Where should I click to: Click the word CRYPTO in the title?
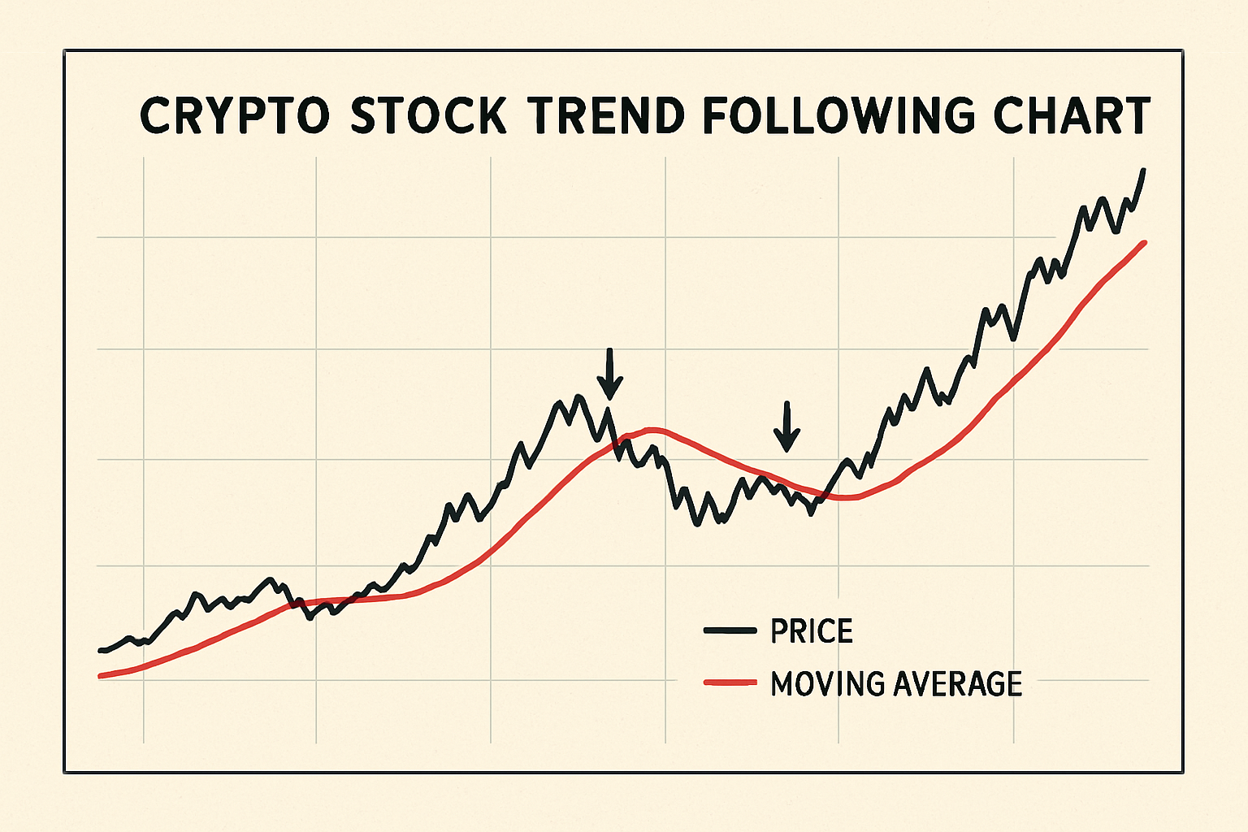coord(235,116)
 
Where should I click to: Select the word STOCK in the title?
coord(428,116)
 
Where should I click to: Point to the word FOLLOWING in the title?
coord(838,116)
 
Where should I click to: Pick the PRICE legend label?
coord(812,631)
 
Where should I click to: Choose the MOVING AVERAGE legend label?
coord(896,683)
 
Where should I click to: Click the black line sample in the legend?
coord(730,631)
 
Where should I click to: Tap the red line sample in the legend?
coord(730,682)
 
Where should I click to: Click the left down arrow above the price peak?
coord(609,375)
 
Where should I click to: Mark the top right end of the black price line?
coord(1143,171)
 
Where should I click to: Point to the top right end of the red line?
coord(1144,242)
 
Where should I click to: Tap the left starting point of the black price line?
coord(100,650)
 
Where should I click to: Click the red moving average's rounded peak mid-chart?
coord(652,428)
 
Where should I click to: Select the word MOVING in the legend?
coord(827,683)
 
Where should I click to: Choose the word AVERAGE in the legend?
coord(958,683)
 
